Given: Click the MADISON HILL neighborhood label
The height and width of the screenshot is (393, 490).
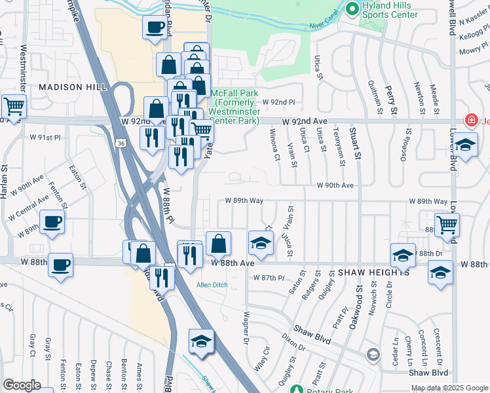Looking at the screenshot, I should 69,87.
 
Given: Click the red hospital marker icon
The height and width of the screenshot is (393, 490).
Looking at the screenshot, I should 470,120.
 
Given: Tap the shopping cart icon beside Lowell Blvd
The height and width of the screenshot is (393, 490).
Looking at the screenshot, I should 446,224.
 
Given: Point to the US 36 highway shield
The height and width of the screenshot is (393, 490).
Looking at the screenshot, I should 121,143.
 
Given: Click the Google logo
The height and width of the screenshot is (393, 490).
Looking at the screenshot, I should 21,385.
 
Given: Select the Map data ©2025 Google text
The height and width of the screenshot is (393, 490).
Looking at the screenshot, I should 449,388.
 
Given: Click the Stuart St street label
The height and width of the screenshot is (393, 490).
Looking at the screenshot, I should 358,145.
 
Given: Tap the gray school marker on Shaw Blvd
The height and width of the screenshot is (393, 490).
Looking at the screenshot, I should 373,355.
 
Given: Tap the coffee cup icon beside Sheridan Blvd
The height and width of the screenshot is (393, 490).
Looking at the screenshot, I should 155,28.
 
